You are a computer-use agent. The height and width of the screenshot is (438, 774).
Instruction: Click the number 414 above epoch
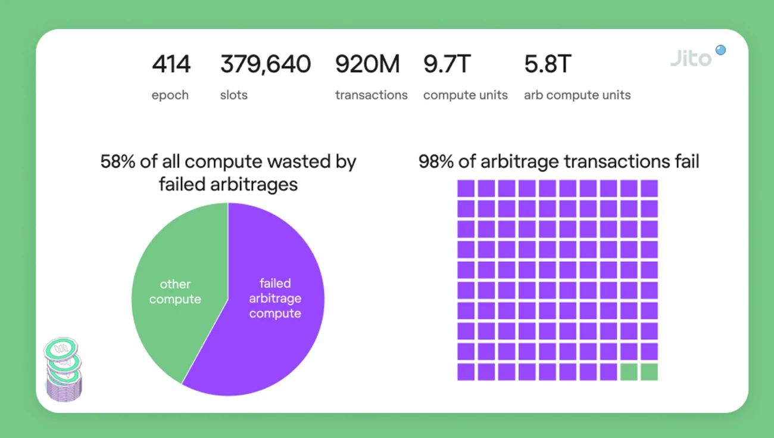171,64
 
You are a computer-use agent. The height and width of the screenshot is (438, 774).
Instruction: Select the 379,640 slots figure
265,64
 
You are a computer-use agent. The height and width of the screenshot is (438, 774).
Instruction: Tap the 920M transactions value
367,64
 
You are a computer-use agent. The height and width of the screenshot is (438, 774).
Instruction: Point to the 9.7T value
447,64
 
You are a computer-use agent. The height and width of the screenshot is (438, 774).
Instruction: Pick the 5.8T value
548,64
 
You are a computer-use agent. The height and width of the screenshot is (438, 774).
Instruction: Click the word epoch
170,95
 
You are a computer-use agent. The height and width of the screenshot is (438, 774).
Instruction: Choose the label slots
234,95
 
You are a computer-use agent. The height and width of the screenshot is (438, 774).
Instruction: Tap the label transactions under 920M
371,95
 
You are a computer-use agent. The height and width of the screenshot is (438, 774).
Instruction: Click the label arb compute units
577,95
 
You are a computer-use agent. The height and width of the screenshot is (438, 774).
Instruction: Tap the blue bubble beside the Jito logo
720,50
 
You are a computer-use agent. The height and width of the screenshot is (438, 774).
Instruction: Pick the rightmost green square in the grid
649,372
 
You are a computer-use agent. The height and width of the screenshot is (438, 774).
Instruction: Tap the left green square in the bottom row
629,372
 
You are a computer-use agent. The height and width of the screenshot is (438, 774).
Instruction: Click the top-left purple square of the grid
466,188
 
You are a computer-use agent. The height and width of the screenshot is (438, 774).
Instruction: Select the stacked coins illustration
63,369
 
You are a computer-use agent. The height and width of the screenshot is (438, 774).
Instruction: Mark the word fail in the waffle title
685,161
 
